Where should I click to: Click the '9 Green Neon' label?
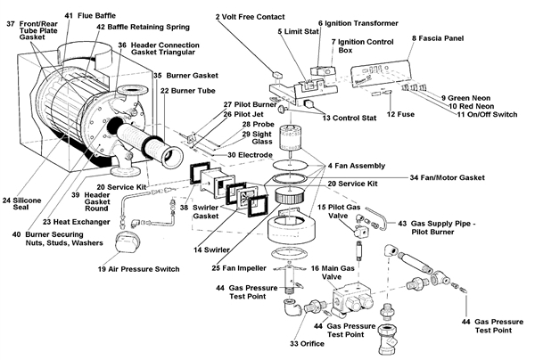point(477,96)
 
